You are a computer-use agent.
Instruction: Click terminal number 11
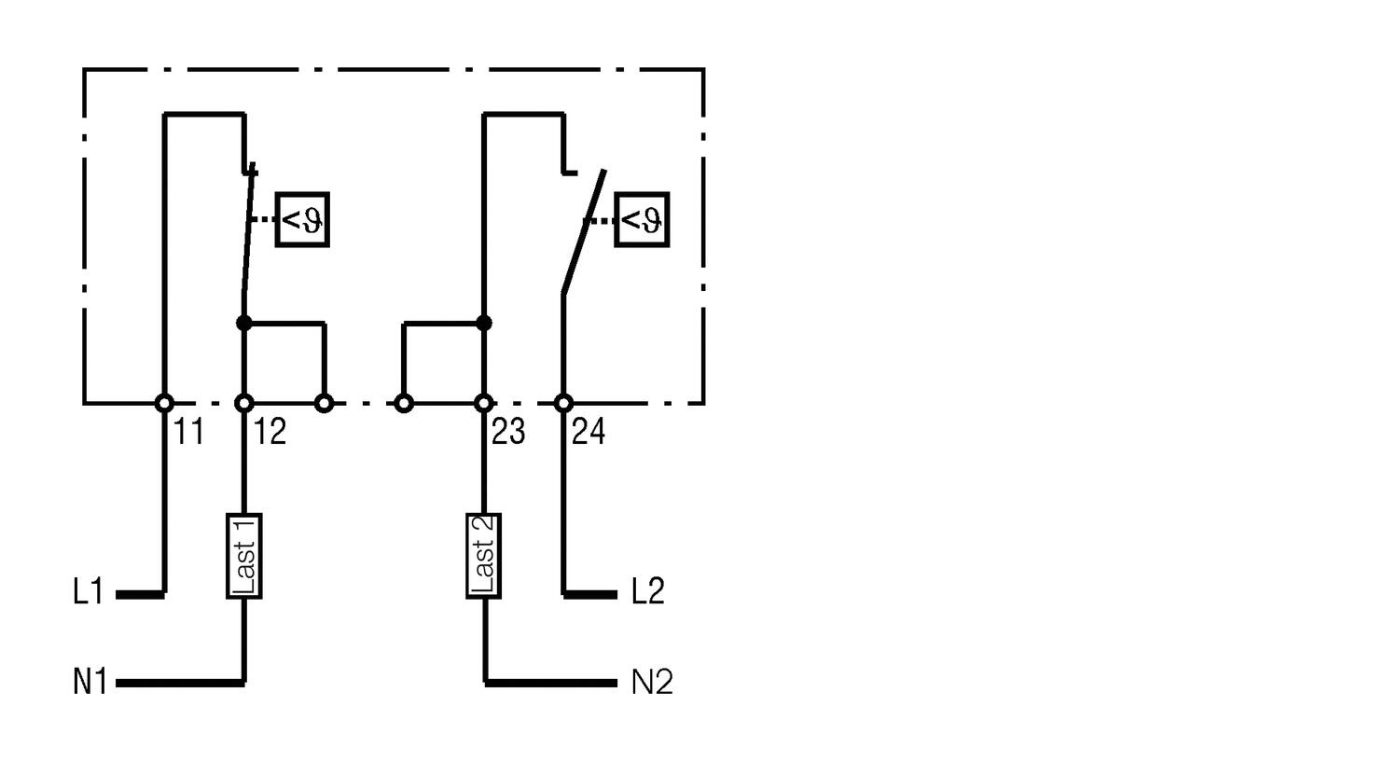pos(189,432)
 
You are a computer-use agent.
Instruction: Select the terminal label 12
pos(270,432)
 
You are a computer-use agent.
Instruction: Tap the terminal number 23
pos(508,432)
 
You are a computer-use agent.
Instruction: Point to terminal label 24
pos(589,432)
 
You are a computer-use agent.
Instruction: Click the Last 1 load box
pos(244,556)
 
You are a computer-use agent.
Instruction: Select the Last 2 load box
pos(484,556)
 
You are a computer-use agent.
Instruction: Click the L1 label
pos(88,592)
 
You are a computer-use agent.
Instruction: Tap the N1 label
pos(90,683)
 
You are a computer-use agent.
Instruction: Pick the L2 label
pos(647,591)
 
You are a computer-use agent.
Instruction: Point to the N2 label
pos(652,683)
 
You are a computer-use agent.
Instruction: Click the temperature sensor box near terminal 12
pos(302,220)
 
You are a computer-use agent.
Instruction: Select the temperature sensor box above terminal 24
pos(642,220)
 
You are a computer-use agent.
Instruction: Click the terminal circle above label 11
pos(164,403)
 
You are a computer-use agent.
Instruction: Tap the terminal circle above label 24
pos(563,403)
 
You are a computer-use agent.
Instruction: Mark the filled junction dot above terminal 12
pos(244,324)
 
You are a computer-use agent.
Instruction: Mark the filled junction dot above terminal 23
pos(483,324)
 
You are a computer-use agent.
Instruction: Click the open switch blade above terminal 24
pos(583,233)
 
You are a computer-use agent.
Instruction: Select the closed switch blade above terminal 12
pos(248,242)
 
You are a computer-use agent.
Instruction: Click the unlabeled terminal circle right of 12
pos(325,403)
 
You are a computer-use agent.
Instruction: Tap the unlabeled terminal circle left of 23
pos(404,403)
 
